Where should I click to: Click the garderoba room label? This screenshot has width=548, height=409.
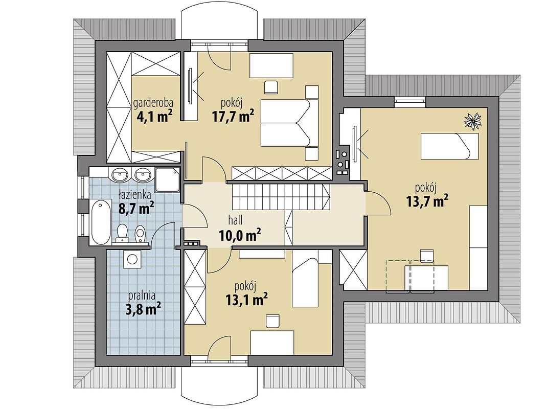pos(154,103)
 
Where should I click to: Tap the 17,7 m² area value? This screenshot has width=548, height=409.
pos(233,116)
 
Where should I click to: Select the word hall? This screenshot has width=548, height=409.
pos(236,220)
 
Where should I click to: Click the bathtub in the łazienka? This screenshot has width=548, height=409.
pos(100,222)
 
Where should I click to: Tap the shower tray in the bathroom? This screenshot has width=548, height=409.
pos(167,180)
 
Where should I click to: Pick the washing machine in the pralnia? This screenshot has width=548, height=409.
pos(132,259)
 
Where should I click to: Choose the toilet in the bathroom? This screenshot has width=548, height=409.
pos(122,233)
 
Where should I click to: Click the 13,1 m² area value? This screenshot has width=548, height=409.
pos(247,299)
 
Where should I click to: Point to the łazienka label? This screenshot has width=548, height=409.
pos(134,194)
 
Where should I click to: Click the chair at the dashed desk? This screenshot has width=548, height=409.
pos(427,256)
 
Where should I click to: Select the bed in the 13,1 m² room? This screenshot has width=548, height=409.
pos(305,281)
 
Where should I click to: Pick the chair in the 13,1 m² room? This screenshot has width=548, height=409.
pos(272,321)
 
